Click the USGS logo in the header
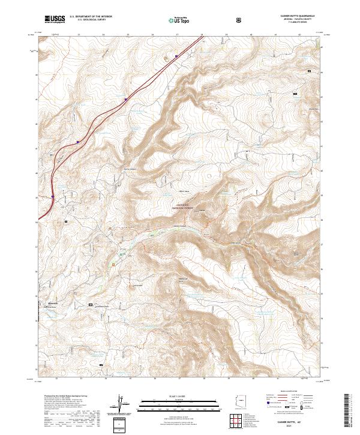click(55, 19)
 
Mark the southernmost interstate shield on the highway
click(53, 196)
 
